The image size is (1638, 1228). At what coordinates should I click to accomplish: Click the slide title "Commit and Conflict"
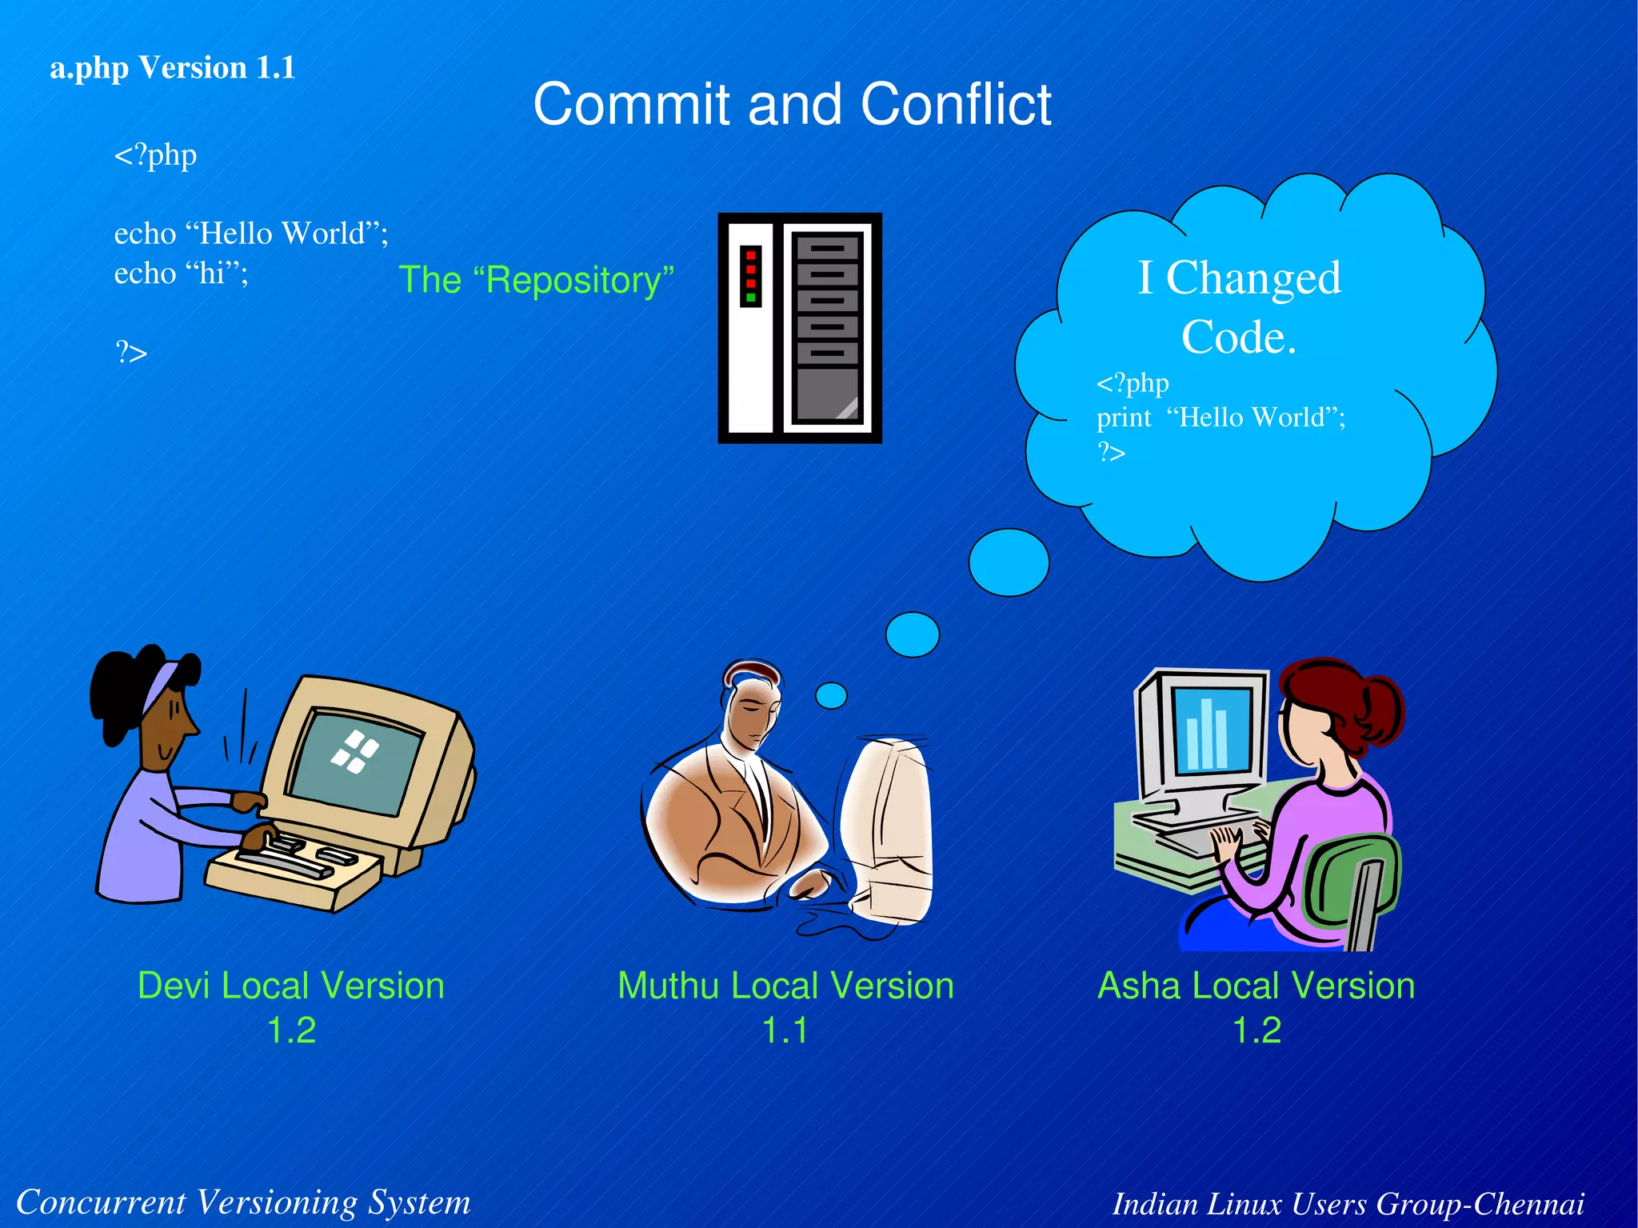pos(792,104)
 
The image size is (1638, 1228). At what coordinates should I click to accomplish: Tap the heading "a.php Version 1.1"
pos(173,68)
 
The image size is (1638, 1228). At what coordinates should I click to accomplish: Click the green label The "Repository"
pos(536,280)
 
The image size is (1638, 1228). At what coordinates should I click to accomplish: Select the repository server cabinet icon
pos(800,328)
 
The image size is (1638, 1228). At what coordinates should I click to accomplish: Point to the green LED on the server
pos(750,298)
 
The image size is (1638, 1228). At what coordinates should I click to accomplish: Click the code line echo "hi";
pos(182,274)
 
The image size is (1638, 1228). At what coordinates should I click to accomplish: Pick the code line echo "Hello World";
pos(251,234)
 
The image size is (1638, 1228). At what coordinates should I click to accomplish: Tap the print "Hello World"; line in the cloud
pos(1221,418)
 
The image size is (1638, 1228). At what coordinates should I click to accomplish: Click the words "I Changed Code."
pos(1239,306)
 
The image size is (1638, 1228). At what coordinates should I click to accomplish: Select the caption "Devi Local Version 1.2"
pos(291,1006)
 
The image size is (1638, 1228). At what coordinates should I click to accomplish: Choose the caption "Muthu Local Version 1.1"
pos(785,1006)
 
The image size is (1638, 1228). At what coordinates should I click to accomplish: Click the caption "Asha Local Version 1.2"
pos(1256,1006)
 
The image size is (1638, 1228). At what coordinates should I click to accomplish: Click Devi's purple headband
pos(160,686)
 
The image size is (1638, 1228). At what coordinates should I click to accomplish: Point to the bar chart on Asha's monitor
pos(1207,734)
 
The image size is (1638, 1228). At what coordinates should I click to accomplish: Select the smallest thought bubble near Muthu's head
pos(831,695)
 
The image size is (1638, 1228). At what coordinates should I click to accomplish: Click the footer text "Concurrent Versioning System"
pos(243,1202)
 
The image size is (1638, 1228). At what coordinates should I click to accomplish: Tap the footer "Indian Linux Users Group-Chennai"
pos(1348,1203)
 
